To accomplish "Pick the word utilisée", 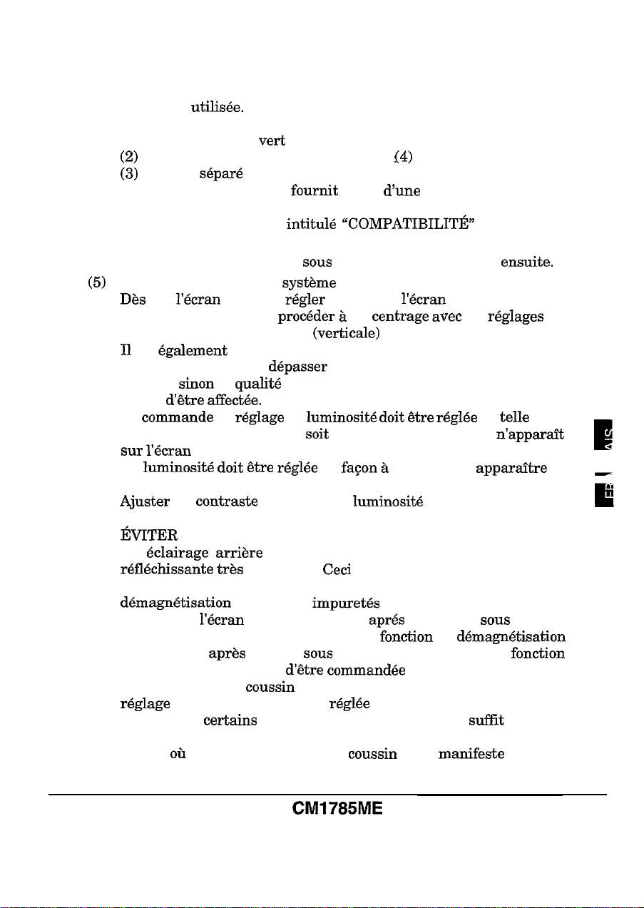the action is click(217, 108).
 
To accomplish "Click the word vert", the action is click(272, 141).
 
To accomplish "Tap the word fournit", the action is click(315, 191).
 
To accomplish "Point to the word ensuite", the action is click(528, 262).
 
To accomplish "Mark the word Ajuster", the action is click(145, 501).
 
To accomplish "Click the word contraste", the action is click(227, 501).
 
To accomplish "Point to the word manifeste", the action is click(471, 754).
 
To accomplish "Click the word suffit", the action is click(486, 720).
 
